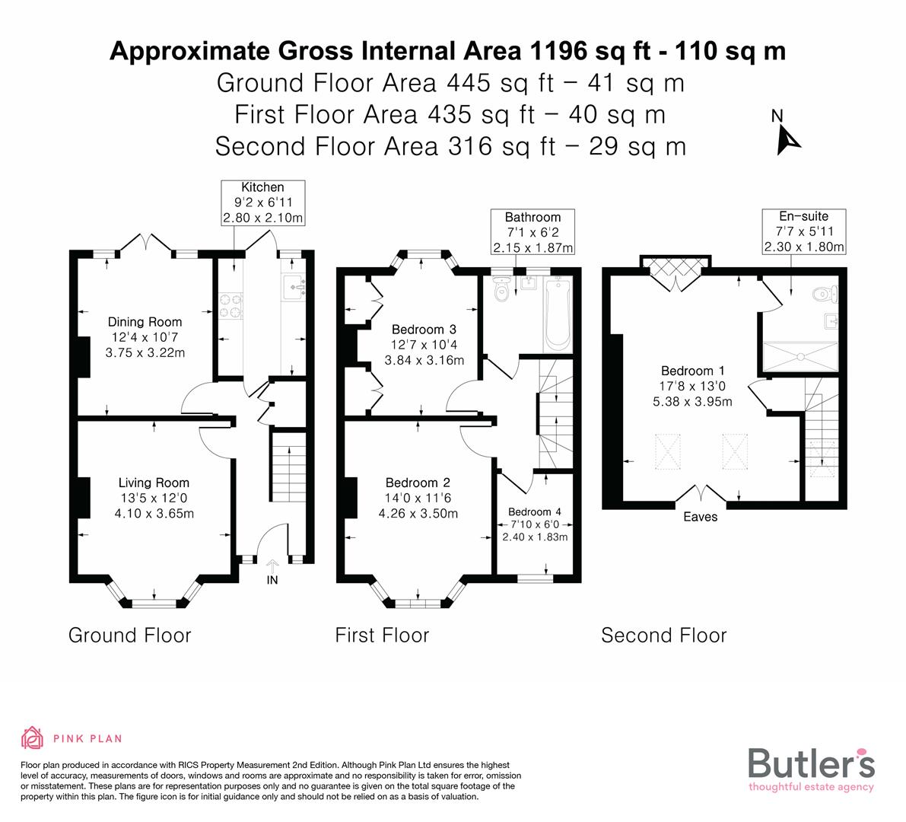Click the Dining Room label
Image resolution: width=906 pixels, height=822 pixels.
pos(145,337)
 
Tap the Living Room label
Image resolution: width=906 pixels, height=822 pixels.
pos(154,498)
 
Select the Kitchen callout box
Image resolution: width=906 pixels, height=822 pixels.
pos(263,203)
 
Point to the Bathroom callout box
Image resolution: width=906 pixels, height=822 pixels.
pos(532,232)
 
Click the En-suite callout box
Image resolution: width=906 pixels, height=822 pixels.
pos(804,232)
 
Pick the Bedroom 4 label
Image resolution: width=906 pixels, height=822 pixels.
pos(535,524)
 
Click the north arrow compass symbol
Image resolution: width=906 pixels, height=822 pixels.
pos(786,134)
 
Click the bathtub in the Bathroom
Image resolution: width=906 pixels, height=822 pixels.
pos(558,314)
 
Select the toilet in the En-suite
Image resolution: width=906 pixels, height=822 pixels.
pos(825,295)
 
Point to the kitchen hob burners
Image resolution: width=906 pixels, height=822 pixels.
pos(230,307)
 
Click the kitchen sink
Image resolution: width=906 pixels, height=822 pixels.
pos(294,287)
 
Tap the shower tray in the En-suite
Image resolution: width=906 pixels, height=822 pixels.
pos(800,357)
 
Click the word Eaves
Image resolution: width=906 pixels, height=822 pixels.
pos(701,517)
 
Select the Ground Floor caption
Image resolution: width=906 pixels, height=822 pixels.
pos(129,636)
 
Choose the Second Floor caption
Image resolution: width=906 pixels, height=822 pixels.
pos(664,636)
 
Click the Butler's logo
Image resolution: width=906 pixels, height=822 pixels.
pos(811,769)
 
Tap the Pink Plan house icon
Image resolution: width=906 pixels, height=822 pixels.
pos(33,738)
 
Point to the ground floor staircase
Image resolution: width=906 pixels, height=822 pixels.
pos(288,467)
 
